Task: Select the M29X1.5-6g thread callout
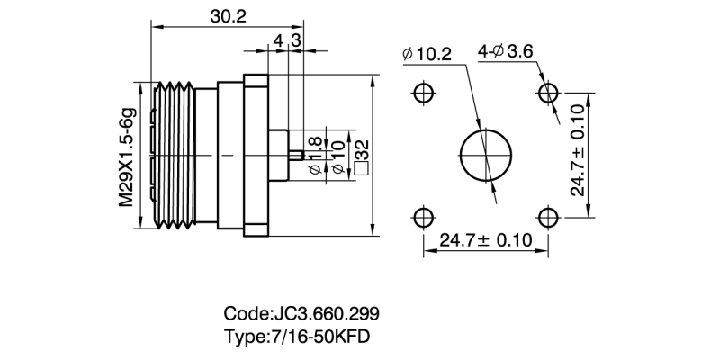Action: (x=128, y=155)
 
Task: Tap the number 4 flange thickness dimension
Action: (x=277, y=41)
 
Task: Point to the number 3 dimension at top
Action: (x=295, y=41)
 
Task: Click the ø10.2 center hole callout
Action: (x=427, y=54)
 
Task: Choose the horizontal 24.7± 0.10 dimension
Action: (x=486, y=240)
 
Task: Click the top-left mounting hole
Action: (x=423, y=94)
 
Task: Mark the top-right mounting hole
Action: (x=547, y=94)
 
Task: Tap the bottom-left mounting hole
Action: (x=423, y=217)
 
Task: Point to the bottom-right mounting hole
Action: (x=547, y=217)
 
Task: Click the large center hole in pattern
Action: (x=485, y=155)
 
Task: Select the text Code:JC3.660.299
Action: (x=301, y=314)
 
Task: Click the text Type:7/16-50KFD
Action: (x=297, y=337)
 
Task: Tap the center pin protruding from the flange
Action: (x=293, y=155)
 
